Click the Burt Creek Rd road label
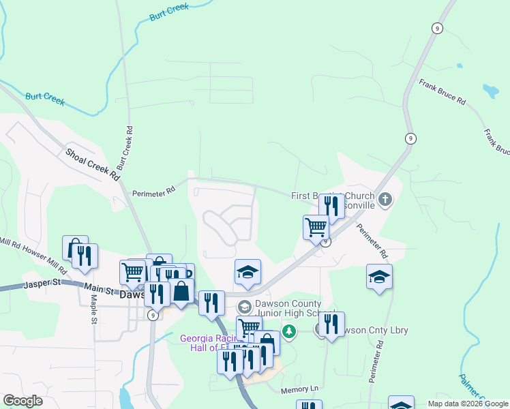click(x=125, y=148)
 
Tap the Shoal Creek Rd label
click(x=93, y=164)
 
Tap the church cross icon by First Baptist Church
click(x=385, y=200)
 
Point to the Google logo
click(x=23, y=401)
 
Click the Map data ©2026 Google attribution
click(x=468, y=404)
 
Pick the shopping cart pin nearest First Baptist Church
click(x=316, y=227)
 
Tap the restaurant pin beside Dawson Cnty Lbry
click(x=331, y=324)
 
